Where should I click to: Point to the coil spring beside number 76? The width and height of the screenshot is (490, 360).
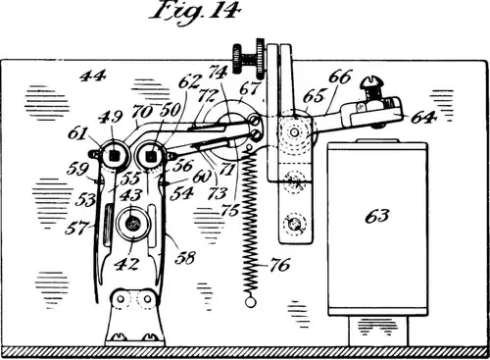(x=253, y=226)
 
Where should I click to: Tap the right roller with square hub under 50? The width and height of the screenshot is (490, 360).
(x=151, y=154)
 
